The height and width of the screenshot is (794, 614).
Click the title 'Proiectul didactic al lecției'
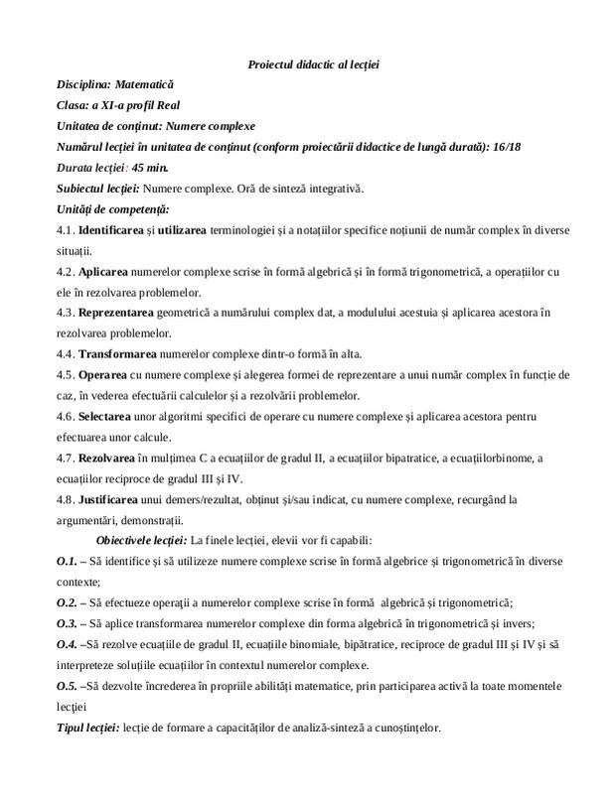pyautogui.click(x=313, y=65)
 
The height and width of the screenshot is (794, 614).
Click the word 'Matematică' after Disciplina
pyautogui.click(x=149, y=85)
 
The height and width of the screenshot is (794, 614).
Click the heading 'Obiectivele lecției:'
pyautogui.click(x=140, y=541)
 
